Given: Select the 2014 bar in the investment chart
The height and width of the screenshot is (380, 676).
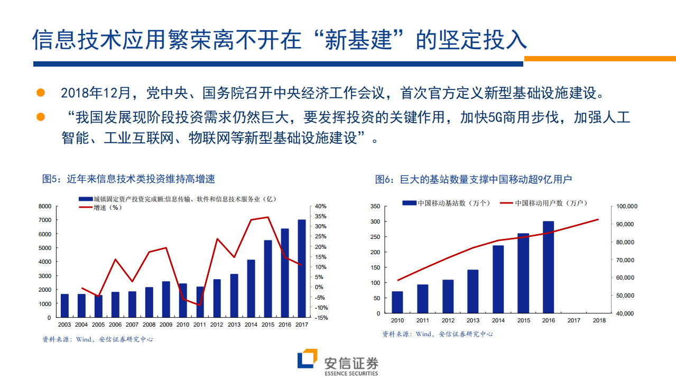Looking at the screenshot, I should point(251,289).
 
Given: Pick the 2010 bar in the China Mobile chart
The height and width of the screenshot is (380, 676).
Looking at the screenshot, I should point(397,302).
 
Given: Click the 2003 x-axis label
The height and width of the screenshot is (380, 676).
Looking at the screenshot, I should point(64,325).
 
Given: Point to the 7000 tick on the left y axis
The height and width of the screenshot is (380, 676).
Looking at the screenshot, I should point(44,220).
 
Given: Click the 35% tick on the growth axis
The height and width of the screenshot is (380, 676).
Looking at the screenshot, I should point(321,216).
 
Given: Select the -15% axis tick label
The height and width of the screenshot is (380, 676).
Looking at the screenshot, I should point(321,318).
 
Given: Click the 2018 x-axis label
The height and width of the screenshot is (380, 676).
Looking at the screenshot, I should point(599,320).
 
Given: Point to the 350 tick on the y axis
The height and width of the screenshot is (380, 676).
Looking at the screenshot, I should point(375,206).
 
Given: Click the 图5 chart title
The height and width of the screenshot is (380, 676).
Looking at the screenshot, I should point(128,179).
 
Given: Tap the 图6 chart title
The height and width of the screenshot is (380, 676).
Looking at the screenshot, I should point(474,179).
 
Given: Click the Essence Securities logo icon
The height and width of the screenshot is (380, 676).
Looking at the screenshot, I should point(307,360).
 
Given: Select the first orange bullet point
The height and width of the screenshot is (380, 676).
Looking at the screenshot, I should point(41,93).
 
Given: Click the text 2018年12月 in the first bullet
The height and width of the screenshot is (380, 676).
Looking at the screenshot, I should point(95,94).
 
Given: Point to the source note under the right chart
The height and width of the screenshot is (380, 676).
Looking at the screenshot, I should point(437,334).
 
